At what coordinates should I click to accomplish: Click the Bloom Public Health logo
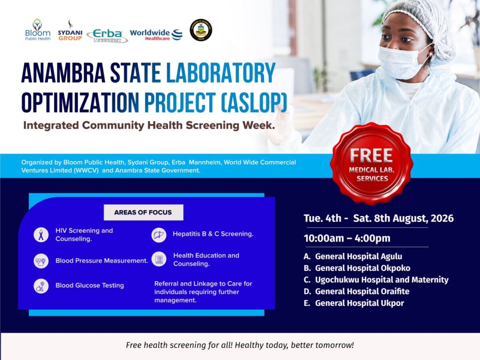click(38, 30)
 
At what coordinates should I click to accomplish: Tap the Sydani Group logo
click(70, 30)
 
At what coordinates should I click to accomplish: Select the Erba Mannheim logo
click(107, 36)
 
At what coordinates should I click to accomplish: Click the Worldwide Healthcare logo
click(156, 35)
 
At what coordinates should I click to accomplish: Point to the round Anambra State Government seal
click(201, 30)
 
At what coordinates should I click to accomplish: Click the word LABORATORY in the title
click(221, 73)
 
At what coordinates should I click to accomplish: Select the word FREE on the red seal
click(371, 156)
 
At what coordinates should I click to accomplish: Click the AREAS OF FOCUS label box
click(144, 212)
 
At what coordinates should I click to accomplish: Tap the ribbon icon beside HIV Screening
click(41, 235)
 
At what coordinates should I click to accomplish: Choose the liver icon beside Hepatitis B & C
click(159, 235)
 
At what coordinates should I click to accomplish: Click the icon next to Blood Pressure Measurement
click(41, 261)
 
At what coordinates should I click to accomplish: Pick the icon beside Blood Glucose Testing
click(41, 286)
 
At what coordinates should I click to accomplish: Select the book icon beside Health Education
click(159, 259)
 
